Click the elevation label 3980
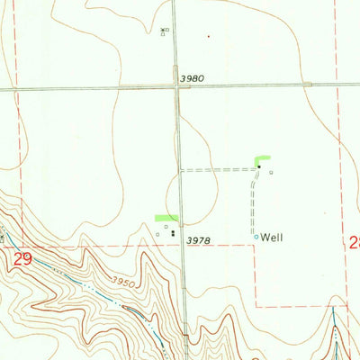192,78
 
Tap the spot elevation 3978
198,240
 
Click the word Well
273,238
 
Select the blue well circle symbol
256,238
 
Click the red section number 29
25,258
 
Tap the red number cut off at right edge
355,241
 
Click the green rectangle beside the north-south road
166,218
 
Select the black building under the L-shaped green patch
259,166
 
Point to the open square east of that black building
271,173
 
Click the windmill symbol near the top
163,31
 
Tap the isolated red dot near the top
209,36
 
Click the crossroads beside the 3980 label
176,86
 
